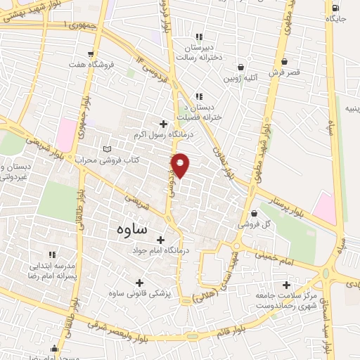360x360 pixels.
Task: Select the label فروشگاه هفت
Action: pos(111,63)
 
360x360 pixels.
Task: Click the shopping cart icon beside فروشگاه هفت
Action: pos(91,54)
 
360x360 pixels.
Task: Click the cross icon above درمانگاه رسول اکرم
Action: pos(163,124)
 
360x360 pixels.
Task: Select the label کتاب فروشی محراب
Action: pos(115,160)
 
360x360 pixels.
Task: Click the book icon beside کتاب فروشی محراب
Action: pos(107,149)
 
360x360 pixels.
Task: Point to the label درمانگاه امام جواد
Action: pos(161,250)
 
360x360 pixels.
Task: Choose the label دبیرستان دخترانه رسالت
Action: pos(199,50)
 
